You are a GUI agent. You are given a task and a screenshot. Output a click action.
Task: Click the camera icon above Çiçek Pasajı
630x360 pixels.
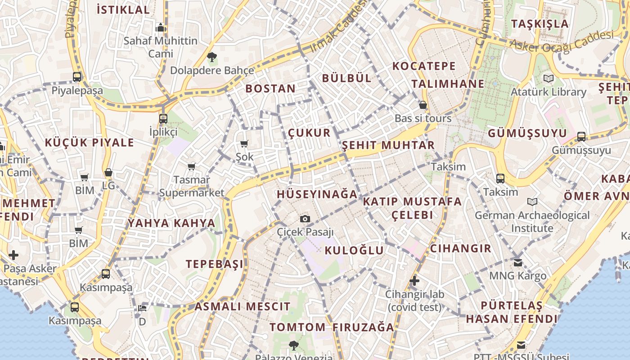[305, 219]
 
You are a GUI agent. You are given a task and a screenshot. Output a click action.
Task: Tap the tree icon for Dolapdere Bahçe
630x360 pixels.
[211, 57]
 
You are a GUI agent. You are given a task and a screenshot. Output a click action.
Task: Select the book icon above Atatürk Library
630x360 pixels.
[548, 79]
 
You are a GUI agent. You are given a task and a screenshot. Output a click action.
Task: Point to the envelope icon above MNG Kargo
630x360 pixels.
[518, 262]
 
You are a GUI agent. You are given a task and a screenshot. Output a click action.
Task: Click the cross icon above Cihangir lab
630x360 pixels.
[414, 281]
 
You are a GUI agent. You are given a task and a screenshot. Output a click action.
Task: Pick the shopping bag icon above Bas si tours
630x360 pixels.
[423, 105]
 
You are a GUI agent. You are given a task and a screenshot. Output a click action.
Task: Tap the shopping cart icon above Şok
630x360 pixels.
[244, 144]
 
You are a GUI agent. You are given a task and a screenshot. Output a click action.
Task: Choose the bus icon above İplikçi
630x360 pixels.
[163, 119]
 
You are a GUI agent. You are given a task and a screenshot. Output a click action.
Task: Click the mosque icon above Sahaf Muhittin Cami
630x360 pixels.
[161, 28]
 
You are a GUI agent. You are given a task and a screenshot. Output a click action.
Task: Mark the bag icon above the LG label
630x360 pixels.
[108, 172]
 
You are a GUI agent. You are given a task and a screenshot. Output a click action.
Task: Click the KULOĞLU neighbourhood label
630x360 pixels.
[354, 251]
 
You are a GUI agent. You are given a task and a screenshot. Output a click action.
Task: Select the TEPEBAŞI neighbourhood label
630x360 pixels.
[215, 264]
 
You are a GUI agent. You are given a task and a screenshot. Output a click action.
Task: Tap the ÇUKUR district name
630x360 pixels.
[309, 133]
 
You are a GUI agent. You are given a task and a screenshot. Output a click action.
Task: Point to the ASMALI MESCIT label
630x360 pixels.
[243, 307]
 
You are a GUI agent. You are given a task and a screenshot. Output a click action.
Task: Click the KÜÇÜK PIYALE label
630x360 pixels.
[90, 143]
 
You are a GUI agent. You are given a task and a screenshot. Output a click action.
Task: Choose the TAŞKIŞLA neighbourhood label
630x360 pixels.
[540, 24]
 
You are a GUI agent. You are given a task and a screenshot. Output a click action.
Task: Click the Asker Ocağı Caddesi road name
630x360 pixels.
[562, 42]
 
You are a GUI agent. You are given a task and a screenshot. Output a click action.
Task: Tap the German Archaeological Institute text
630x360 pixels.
[532, 222]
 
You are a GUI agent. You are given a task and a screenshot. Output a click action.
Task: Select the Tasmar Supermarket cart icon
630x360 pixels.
[192, 167]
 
